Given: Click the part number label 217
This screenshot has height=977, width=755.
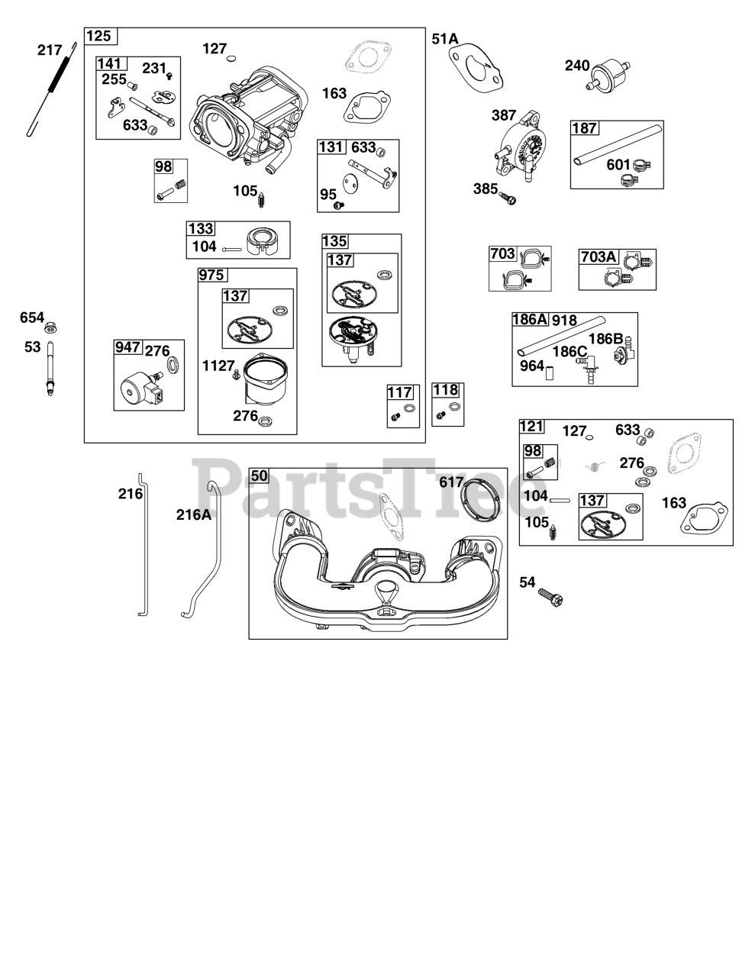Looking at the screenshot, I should (x=50, y=50).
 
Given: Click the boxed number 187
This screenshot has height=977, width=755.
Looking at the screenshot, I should (x=585, y=128).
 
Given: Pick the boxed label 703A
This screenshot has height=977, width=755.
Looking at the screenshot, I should (x=598, y=256).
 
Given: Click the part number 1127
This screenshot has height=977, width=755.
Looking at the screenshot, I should (x=218, y=366).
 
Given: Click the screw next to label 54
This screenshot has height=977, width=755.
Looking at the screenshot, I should (x=551, y=597).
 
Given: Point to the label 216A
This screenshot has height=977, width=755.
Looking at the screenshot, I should (x=193, y=514).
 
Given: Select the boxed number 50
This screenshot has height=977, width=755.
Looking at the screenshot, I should (x=260, y=476).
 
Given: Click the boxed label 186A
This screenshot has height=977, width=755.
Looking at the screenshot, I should (x=530, y=320).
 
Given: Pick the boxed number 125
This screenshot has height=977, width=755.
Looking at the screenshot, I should (x=98, y=36).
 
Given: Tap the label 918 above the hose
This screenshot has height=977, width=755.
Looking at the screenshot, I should (x=564, y=320).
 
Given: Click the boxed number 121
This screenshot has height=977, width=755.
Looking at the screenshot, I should (x=531, y=426).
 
